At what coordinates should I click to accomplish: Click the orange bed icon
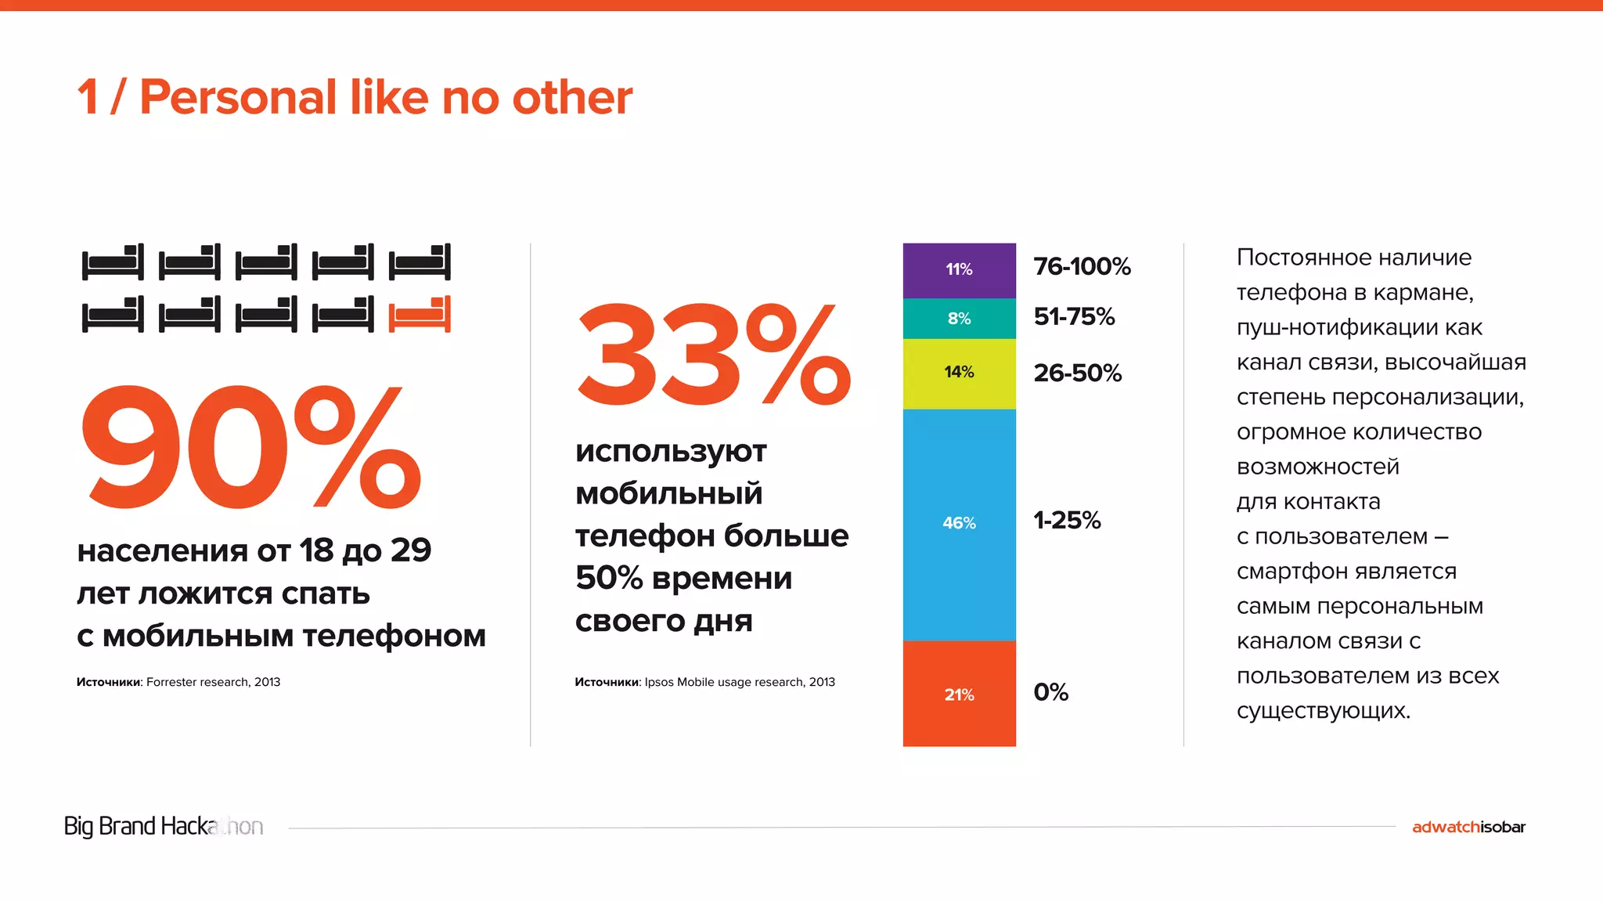(420, 315)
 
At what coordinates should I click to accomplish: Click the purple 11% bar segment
(959, 269)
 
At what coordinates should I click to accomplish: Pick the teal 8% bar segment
(959, 319)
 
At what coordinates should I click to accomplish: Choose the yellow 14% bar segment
(959, 373)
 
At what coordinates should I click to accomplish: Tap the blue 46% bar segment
(959, 523)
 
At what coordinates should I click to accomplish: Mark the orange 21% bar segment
(959, 695)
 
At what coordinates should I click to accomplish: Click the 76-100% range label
(1082, 267)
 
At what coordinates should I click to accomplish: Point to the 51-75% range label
(1074, 317)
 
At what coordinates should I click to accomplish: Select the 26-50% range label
(1077, 373)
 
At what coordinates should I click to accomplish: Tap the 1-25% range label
(1067, 521)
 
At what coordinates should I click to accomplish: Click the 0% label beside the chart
(1050, 693)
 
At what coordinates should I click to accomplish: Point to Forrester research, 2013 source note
(213, 682)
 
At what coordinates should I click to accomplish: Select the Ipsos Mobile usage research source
(739, 682)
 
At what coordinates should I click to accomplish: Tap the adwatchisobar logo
(1468, 827)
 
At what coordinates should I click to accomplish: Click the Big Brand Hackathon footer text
(163, 826)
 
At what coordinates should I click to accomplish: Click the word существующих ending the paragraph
(1323, 711)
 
